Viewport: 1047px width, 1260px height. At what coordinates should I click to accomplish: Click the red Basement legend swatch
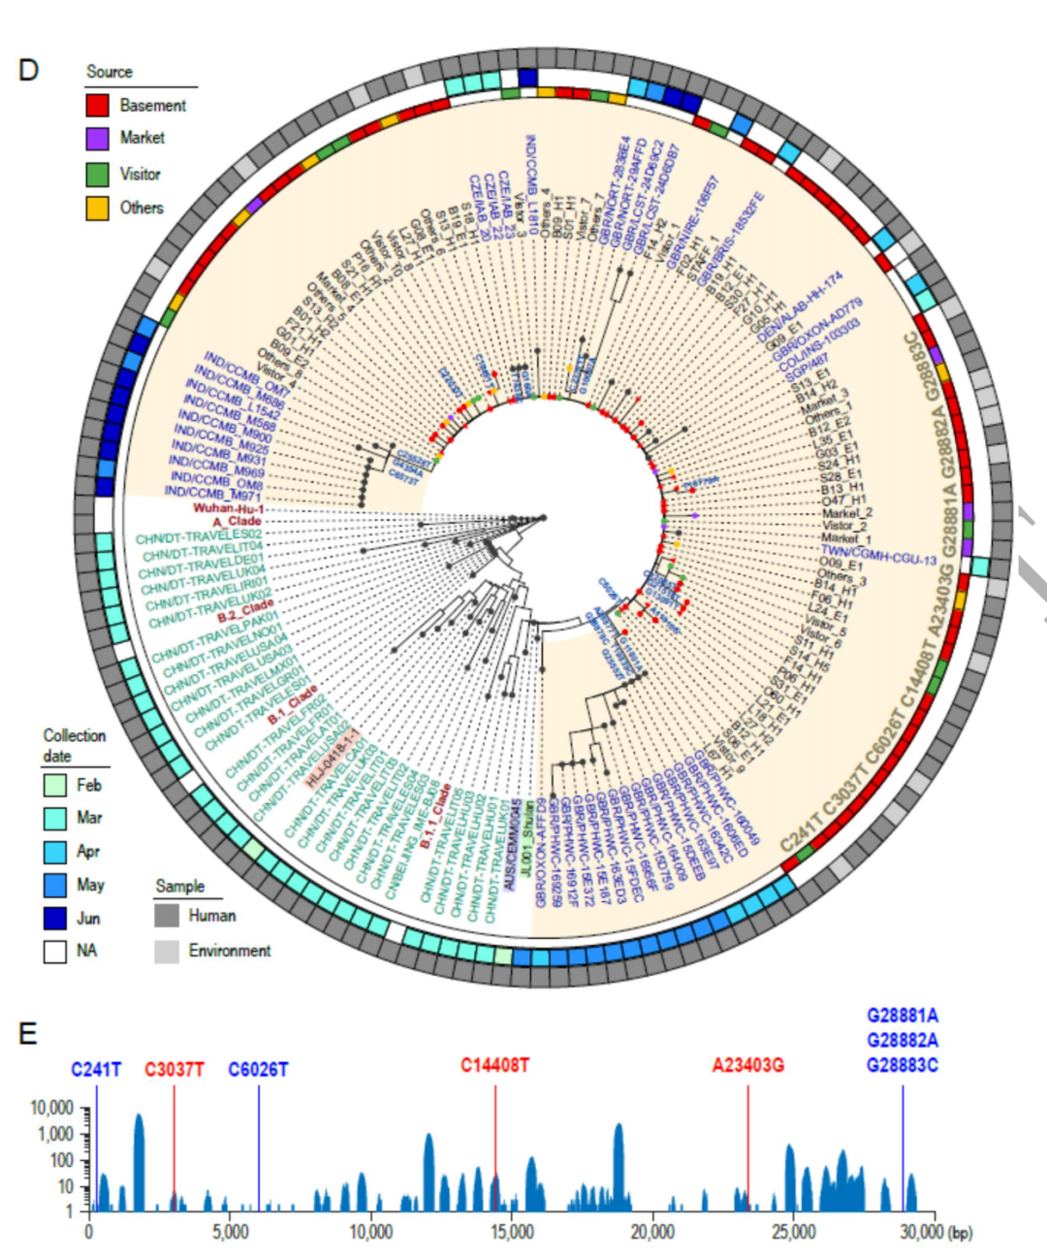tap(97, 105)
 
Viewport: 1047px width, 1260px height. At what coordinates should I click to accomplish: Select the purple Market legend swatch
tap(97, 139)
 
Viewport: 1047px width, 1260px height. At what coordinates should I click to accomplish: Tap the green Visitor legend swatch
tap(97, 175)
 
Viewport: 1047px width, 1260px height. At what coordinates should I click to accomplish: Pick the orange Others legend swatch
tap(97, 208)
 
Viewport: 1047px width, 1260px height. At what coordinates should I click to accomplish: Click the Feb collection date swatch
tap(54, 785)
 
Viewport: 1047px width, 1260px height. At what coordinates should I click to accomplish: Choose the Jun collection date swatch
tap(54, 918)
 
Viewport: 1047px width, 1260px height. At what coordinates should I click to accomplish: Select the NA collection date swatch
tap(54, 951)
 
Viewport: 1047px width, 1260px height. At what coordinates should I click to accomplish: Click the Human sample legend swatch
tap(167, 916)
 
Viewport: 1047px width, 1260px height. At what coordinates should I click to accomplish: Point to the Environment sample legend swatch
tap(167, 951)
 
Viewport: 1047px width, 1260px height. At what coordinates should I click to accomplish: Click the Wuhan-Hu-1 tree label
tap(229, 508)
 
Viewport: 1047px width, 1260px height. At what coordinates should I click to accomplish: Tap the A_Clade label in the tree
tap(237, 522)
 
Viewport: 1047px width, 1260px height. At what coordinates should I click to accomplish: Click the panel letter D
tap(28, 70)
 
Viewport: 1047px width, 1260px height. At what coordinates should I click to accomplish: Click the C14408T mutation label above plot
tap(494, 1066)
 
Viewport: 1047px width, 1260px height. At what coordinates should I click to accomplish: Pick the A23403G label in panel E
tap(747, 1066)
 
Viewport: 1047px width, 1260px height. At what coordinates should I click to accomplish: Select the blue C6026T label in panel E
tap(258, 1070)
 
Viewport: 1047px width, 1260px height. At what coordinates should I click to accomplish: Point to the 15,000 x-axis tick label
tap(511, 1232)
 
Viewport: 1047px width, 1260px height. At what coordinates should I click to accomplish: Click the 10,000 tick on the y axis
tap(52, 1108)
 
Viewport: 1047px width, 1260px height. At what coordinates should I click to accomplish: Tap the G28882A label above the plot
tap(902, 1041)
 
